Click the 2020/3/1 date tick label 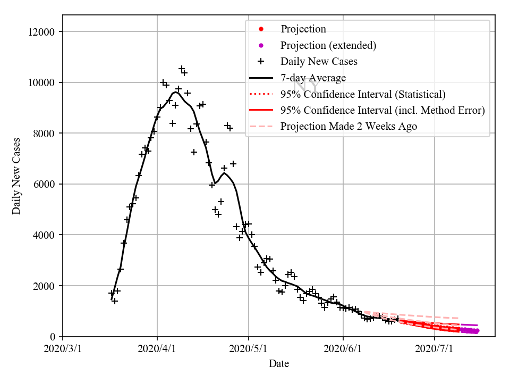[x=63, y=349]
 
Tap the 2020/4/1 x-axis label [x=157, y=349]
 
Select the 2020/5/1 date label [x=248, y=349]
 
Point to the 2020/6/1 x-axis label [x=343, y=349]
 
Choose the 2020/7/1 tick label [x=435, y=349]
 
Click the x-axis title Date [x=279, y=364]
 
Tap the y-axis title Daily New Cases [x=16, y=176]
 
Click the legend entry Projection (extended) [x=328, y=45]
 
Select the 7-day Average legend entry [x=313, y=78]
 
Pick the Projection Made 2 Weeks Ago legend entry [x=348, y=126]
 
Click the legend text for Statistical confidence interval [x=363, y=94]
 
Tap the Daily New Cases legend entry [x=319, y=61]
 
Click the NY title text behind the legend [x=307, y=85]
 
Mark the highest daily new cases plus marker [x=182, y=69]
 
